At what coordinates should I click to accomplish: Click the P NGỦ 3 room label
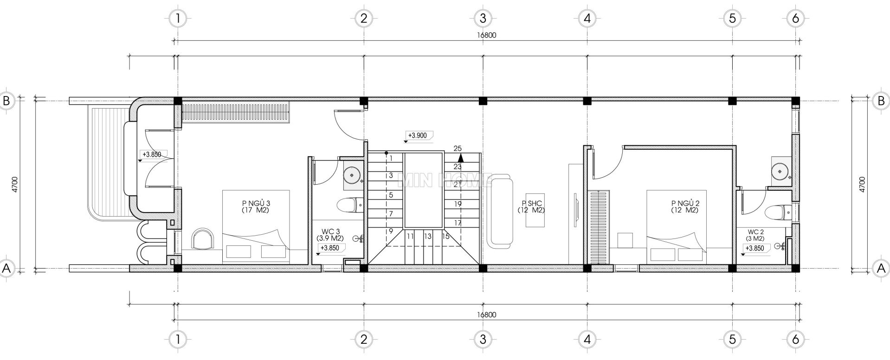[256, 206]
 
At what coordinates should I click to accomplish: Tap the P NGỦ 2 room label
[684, 206]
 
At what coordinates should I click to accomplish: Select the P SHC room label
[532, 206]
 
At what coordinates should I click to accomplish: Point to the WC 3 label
[331, 234]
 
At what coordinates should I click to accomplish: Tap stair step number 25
[458, 148]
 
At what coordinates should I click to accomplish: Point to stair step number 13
[427, 236]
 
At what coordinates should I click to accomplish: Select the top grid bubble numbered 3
[483, 19]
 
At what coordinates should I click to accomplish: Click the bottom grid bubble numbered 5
[732, 340]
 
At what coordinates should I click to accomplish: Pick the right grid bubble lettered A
[881, 268]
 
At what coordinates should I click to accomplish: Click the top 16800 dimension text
[486, 35]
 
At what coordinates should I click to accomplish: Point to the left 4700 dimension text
[15, 184]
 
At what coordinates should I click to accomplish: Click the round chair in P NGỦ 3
[204, 238]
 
